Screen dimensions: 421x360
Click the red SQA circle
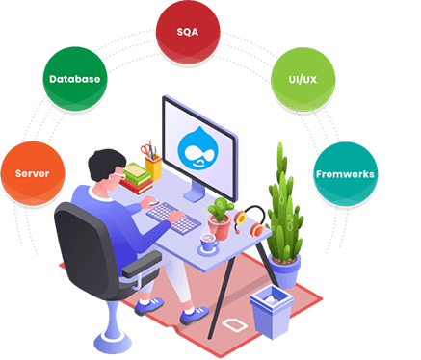pyautogui.click(x=188, y=31)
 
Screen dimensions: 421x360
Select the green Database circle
pyautogui.click(x=73, y=78)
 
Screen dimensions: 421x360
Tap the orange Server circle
pyautogui.click(x=32, y=173)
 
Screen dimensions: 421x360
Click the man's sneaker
pyautogui.click(x=149, y=306)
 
